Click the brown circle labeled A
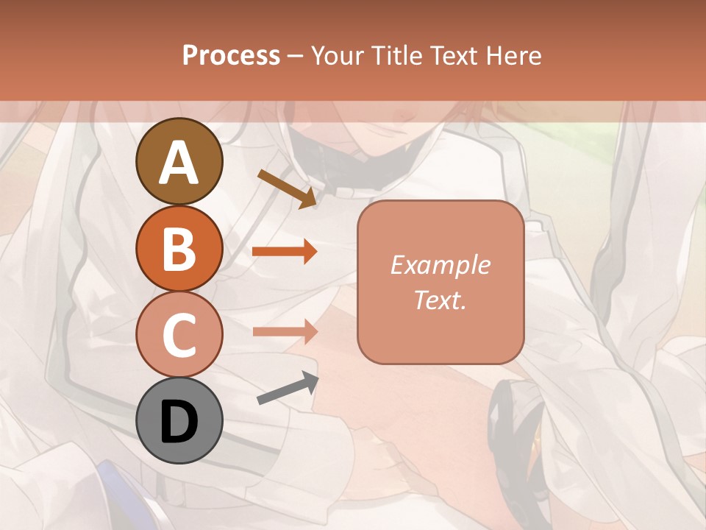179,161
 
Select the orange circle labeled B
179,248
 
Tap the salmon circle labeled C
179,334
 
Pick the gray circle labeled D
179,420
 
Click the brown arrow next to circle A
287,188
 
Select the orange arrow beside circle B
285,252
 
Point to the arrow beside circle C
285,331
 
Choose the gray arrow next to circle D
288,389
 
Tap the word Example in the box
440,265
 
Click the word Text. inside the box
440,300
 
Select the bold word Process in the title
231,55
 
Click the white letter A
179,162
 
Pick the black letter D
179,422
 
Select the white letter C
179,336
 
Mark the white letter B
179,249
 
